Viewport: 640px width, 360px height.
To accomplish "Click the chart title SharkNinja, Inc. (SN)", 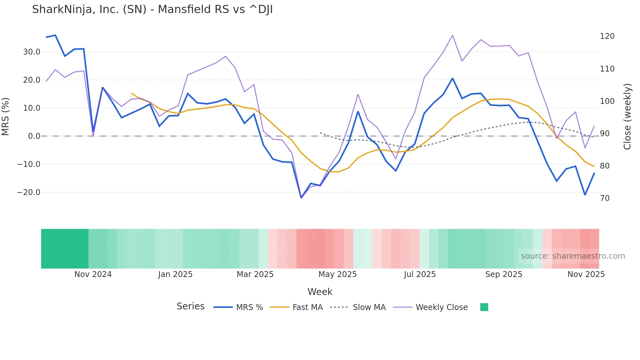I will point(152,9).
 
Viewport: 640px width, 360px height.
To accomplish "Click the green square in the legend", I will point(484,307).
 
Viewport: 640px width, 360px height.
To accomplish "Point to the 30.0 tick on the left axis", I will point(32,52).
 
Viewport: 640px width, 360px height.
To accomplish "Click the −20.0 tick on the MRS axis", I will point(29,192).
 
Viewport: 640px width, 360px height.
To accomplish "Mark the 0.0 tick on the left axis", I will point(34,136).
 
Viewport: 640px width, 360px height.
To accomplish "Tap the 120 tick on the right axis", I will point(607,36).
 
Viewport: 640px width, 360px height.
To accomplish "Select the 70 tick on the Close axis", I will point(605,198).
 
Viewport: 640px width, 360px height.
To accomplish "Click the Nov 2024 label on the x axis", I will point(93,274).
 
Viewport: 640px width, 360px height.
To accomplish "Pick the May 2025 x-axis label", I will point(337,274).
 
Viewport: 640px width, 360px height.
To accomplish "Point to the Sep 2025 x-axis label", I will point(504,274).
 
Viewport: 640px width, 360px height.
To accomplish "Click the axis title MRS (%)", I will point(6,117).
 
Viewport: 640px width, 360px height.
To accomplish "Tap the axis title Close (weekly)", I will point(627,117).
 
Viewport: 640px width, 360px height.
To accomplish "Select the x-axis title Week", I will point(320,292).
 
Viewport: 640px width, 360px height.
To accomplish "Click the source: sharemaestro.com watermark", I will point(573,256).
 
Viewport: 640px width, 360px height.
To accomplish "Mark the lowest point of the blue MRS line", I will point(301,198).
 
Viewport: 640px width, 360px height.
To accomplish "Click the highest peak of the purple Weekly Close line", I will point(452,35).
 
